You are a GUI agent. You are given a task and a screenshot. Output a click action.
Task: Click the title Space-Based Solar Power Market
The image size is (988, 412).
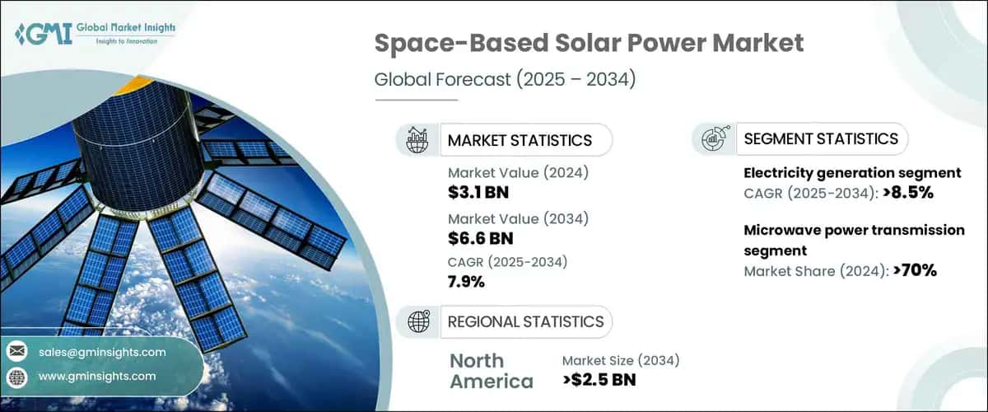click(x=589, y=44)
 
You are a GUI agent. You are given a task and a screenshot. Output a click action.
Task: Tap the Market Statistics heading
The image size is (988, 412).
click(x=519, y=140)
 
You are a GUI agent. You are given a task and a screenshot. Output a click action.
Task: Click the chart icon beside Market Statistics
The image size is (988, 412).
click(x=417, y=140)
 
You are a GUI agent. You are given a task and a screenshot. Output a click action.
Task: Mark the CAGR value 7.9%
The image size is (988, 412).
click(x=466, y=282)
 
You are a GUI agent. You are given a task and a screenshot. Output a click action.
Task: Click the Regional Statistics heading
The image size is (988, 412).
click(x=524, y=321)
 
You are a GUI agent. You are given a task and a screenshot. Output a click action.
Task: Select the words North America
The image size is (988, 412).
click(x=491, y=371)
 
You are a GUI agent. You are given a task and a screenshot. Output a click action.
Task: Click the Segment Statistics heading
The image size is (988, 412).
click(x=820, y=138)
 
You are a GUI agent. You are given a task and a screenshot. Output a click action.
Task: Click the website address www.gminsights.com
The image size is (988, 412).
click(x=96, y=376)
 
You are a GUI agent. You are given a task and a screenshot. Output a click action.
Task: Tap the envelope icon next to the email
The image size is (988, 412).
click(x=16, y=352)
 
